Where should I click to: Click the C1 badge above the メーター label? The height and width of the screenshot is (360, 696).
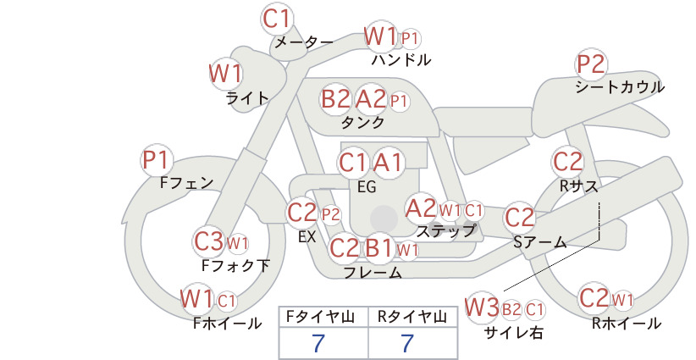[276, 19]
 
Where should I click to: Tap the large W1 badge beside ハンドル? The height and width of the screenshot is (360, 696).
[380, 36]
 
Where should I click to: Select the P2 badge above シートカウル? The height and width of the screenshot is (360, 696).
[592, 65]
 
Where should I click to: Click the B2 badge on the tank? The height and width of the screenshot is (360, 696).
[336, 98]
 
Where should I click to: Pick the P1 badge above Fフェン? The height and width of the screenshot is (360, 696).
[157, 161]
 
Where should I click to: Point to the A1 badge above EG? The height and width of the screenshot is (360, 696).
[388, 163]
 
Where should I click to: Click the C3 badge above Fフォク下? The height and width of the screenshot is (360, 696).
[208, 242]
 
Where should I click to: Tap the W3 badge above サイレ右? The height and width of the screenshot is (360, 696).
[482, 307]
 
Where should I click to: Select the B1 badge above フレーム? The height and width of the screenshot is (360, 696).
[378, 247]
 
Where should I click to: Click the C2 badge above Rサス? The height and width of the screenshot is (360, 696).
[567, 162]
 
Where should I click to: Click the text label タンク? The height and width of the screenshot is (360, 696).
[362, 123]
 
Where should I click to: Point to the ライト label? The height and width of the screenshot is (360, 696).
[247, 98]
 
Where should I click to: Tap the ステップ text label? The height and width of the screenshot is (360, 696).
[445, 231]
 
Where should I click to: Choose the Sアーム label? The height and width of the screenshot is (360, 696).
[540, 242]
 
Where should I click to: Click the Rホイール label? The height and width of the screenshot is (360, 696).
[627, 324]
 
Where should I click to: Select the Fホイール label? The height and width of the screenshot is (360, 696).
[227, 324]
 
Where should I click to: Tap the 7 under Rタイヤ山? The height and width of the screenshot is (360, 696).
[407, 343]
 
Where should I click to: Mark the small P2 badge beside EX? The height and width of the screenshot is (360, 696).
[331, 215]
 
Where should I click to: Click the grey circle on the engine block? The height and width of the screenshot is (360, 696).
[384, 219]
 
